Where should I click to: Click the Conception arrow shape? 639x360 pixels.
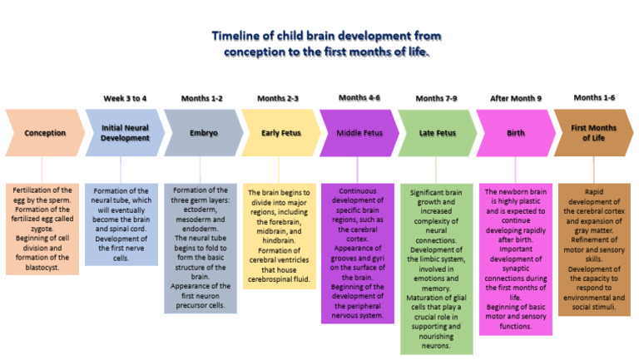43,133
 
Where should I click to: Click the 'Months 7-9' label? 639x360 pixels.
436,98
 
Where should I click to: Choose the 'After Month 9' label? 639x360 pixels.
516,98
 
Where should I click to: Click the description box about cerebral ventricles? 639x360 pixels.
280,236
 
